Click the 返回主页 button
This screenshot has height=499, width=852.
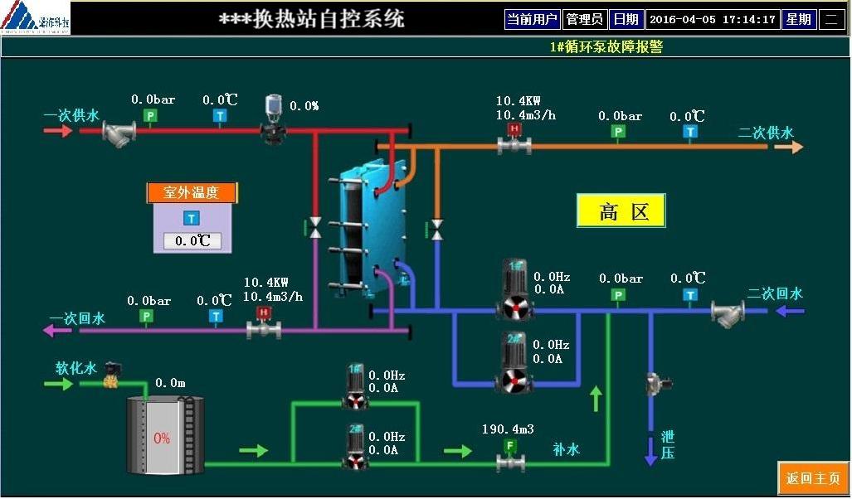tap(813, 478)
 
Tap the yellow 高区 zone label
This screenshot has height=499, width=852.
tap(621, 211)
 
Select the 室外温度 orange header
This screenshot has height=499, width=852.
tap(192, 192)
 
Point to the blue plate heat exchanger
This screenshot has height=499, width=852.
tap(366, 231)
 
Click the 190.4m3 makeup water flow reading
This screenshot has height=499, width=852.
tap(508, 429)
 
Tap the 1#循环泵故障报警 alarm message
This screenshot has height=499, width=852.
tap(606, 47)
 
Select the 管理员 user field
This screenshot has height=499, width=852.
tap(584, 19)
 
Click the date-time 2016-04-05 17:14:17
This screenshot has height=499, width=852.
tap(712, 19)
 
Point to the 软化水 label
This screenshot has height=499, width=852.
tap(76, 368)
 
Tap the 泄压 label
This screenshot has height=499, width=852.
tap(668, 445)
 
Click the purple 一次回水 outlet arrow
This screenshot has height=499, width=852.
tap(58, 331)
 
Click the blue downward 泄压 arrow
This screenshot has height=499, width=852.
tap(650, 452)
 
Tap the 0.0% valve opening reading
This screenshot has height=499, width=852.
tap(304, 106)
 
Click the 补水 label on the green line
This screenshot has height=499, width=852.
tap(566, 449)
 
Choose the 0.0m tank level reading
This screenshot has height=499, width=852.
tap(171, 383)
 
